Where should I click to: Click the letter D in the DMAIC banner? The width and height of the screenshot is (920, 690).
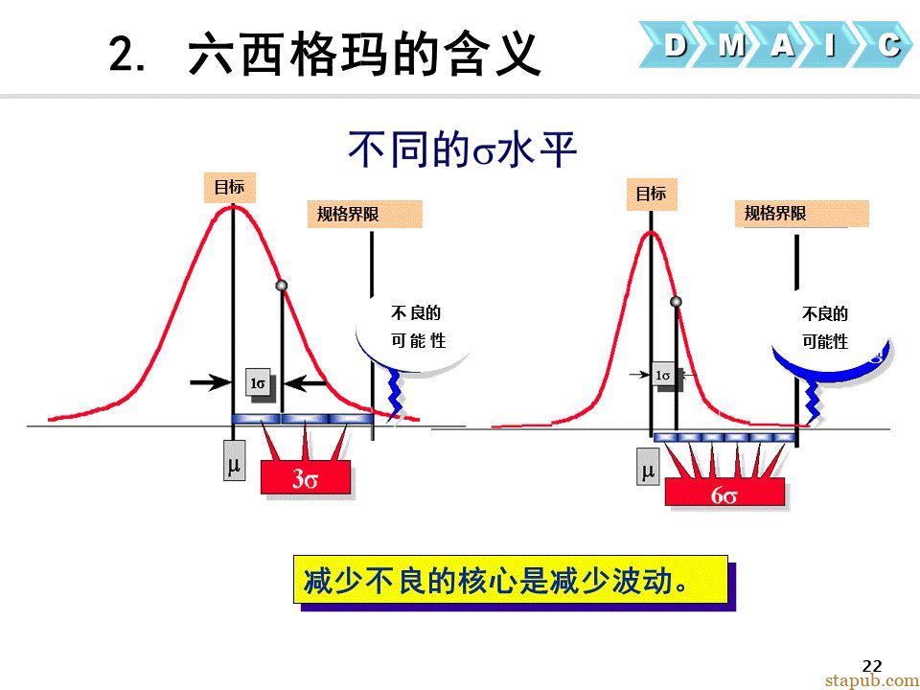(x=676, y=44)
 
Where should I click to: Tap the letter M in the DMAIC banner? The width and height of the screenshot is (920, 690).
(x=731, y=45)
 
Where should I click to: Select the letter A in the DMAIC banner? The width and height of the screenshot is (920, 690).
(x=783, y=45)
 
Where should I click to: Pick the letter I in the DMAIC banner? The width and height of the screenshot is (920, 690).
(x=830, y=45)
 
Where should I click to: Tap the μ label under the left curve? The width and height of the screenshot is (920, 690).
(x=234, y=460)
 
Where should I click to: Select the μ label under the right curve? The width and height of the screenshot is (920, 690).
(x=648, y=468)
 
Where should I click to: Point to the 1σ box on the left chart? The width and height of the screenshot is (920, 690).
(x=258, y=383)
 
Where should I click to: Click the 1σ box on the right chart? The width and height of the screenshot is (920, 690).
(x=663, y=375)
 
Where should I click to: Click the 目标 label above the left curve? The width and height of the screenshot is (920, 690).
(x=229, y=187)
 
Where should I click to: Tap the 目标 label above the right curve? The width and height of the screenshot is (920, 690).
(x=652, y=194)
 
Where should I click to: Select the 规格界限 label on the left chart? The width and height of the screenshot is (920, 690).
(x=364, y=214)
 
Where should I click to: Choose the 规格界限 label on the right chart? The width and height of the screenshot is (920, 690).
(x=801, y=213)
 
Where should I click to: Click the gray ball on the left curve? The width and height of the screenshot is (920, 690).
(x=282, y=286)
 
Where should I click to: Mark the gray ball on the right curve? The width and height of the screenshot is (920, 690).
(x=676, y=302)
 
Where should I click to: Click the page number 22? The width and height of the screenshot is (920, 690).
(x=872, y=666)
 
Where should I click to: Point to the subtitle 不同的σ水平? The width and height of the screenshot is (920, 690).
(x=462, y=150)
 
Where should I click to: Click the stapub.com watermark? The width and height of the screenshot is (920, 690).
(x=872, y=680)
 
